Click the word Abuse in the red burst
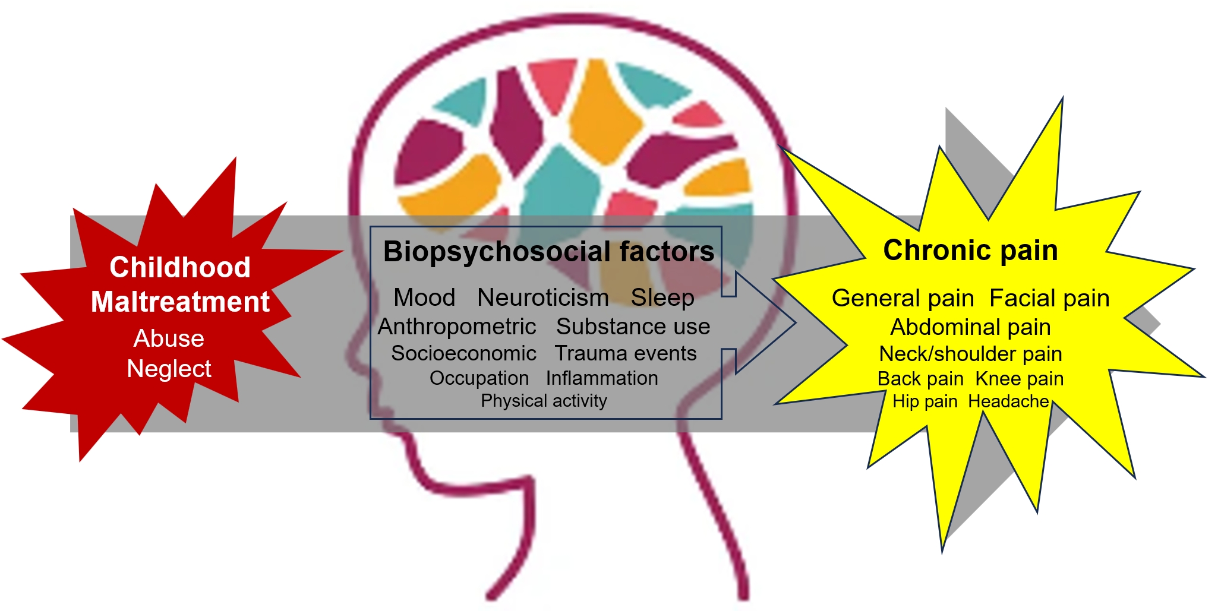coord(169,338)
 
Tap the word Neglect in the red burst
coord(169,369)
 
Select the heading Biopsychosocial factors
coord(548,252)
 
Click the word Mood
coord(424,297)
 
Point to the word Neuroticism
coord(543,297)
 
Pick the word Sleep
coord(662,297)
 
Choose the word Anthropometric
coord(457,327)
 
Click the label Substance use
coord(633,327)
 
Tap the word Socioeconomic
coord(463,353)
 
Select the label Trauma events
coord(625,353)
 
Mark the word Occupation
coord(479,378)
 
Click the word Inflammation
coord(602,378)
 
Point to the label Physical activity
coord(544,401)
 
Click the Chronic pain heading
coord(970,251)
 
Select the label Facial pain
coord(1049,298)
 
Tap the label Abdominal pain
coord(970,327)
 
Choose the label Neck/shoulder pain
coord(970,354)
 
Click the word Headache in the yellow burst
coord(1008,402)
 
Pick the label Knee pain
coord(1019,379)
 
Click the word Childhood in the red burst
coord(180,268)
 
